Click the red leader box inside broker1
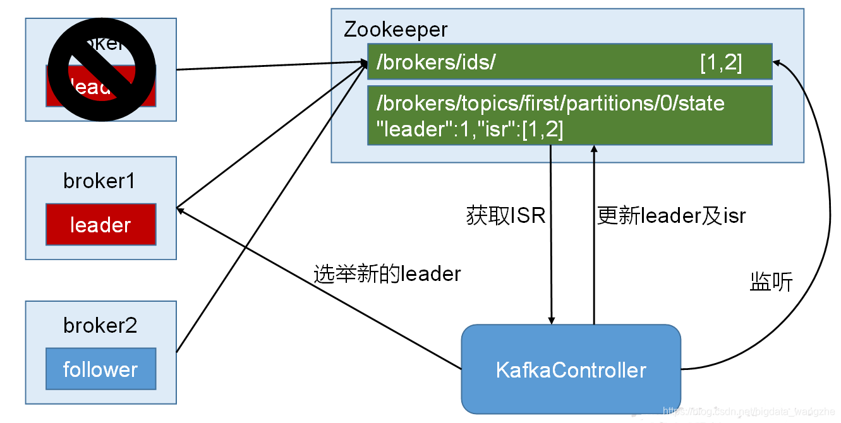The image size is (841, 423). (100, 225)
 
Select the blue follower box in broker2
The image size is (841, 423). (100, 369)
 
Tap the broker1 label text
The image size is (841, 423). (100, 181)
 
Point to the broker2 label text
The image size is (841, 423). (100, 326)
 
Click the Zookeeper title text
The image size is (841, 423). (396, 30)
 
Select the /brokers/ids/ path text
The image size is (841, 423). (436, 62)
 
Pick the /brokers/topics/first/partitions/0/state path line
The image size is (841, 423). (550, 103)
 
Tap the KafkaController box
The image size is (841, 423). (571, 369)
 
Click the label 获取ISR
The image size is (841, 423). (505, 216)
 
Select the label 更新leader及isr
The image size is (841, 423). (671, 216)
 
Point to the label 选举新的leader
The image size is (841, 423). (387, 274)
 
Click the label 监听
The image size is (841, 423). (771, 282)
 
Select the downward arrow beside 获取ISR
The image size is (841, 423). (552, 265)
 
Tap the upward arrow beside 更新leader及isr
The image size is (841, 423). (593, 265)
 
